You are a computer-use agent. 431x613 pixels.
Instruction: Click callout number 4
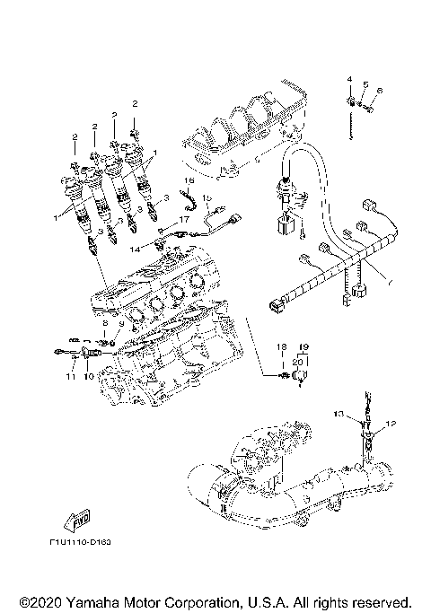350,81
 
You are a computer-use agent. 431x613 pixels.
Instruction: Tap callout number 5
365,85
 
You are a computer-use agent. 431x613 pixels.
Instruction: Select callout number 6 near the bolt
380,91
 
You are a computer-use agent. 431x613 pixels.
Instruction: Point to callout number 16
190,180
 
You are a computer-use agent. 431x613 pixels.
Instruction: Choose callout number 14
136,246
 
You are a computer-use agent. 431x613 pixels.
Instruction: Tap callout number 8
104,323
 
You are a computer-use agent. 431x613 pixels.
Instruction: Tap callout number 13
339,414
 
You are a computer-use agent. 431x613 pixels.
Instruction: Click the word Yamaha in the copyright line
94,600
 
